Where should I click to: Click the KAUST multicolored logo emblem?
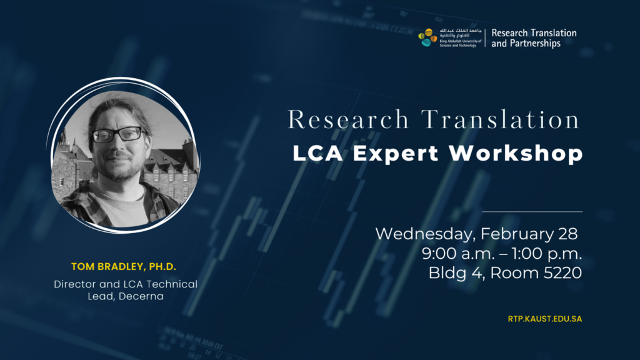[427, 37]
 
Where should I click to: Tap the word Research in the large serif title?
[348, 119]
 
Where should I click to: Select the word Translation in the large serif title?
[500, 119]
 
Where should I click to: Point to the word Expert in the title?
[396, 154]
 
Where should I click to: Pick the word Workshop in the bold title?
[516, 154]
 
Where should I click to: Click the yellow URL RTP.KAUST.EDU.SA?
[545, 319]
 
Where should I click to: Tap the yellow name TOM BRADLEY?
[108, 266]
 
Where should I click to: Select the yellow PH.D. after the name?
[162, 266]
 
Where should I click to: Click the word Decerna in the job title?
[141, 296]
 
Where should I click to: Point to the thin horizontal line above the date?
[532, 212]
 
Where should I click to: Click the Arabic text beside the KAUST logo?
[461, 32]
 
